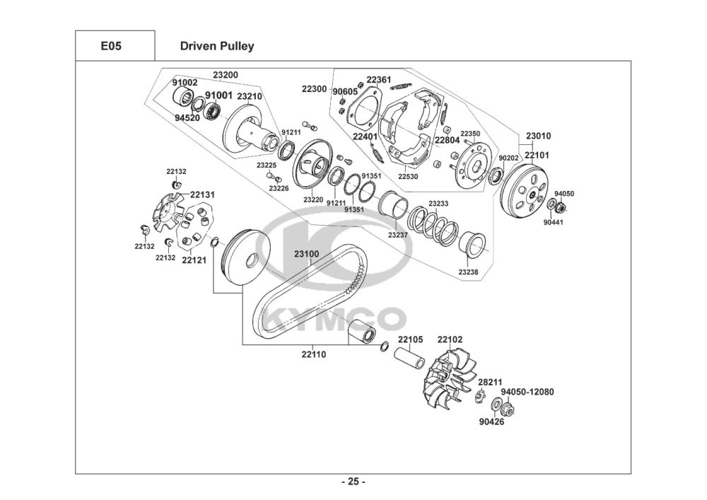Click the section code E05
(111, 46)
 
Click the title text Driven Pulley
(217, 46)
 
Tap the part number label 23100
(307, 254)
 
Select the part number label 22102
(450, 339)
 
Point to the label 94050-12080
(527, 392)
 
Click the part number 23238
(469, 272)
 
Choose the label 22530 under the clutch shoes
(408, 177)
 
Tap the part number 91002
(185, 83)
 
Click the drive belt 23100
(311, 293)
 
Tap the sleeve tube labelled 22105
(410, 358)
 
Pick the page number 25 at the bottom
(353, 482)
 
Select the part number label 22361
(379, 80)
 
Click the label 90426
(491, 422)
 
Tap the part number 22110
(314, 354)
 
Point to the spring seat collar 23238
(472, 245)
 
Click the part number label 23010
(538, 136)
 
